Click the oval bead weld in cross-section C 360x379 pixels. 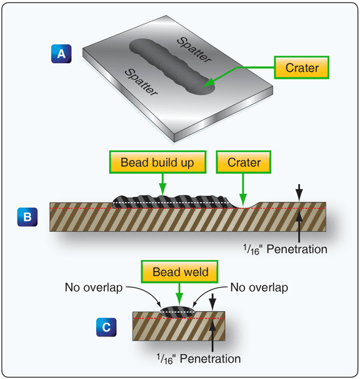(177, 311)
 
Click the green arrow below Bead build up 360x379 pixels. (162, 183)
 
